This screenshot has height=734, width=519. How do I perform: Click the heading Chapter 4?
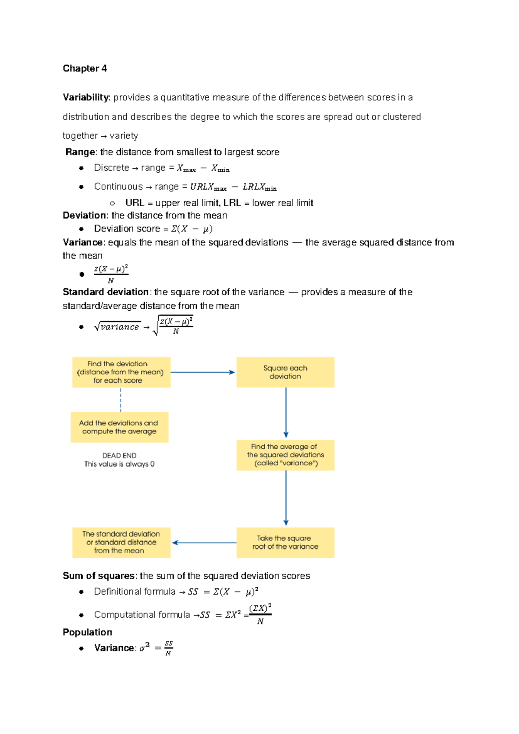pos(84,68)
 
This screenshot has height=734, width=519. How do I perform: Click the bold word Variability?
pos(86,97)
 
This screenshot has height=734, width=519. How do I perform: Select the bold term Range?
pos(80,152)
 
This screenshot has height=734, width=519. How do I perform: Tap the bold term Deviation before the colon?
pos(84,216)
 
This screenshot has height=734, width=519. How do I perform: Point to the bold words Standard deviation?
pos(106,292)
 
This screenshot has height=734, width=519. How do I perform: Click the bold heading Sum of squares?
pos(99,576)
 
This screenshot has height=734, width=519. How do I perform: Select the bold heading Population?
pos(87,632)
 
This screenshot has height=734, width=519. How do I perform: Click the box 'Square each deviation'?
pos(285,372)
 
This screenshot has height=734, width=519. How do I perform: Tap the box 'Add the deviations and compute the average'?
pos(119,427)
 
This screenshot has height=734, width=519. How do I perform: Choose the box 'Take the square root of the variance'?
pos(285,542)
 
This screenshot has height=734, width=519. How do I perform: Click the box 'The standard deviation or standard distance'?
pos(121,542)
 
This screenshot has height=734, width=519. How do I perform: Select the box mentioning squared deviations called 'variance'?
pos(285,455)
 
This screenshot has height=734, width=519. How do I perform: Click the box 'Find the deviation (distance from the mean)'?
pos(121,372)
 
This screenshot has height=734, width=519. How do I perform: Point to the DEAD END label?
pos(119,456)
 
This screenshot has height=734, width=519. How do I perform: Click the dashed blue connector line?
pos(121,399)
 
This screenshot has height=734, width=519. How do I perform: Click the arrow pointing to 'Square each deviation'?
pos(203,372)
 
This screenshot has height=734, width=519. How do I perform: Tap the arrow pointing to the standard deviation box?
pos(204,543)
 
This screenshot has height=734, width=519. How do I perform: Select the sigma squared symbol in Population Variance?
pos(144,648)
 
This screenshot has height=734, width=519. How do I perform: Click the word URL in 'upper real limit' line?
pos(135,203)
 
